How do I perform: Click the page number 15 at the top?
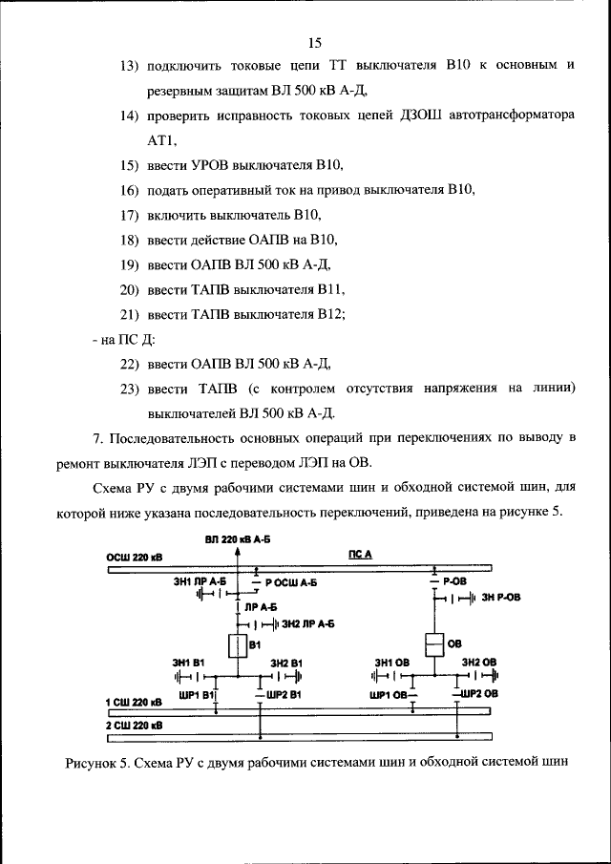(x=316, y=41)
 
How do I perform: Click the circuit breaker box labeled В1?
(x=238, y=645)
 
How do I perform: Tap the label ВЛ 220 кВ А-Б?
(x=238, y=540)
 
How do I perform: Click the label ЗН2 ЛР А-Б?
(x=305, y=623)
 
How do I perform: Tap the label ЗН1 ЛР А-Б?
(x=199, y=580)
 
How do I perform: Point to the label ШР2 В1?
(x=284, y=693)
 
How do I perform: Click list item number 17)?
(x=130, y=215)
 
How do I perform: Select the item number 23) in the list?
(x=130, y=389)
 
